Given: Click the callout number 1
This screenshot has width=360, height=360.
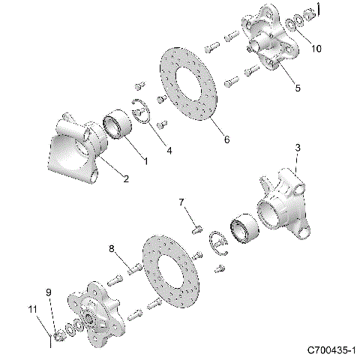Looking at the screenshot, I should (145, 160).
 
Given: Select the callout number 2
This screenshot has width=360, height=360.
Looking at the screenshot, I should (125, 178).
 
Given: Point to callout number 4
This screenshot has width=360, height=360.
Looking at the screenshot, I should (169, 151).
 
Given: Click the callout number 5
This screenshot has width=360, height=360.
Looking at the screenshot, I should (297, 88).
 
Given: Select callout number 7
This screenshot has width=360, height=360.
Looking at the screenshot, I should (181, 202).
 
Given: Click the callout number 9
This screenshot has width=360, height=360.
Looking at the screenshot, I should (49, 292).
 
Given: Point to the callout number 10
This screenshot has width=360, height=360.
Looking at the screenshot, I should (316, 49).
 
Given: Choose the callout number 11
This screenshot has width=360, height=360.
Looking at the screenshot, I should (32, 308).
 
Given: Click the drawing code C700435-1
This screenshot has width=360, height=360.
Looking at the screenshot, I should (331, 350).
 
